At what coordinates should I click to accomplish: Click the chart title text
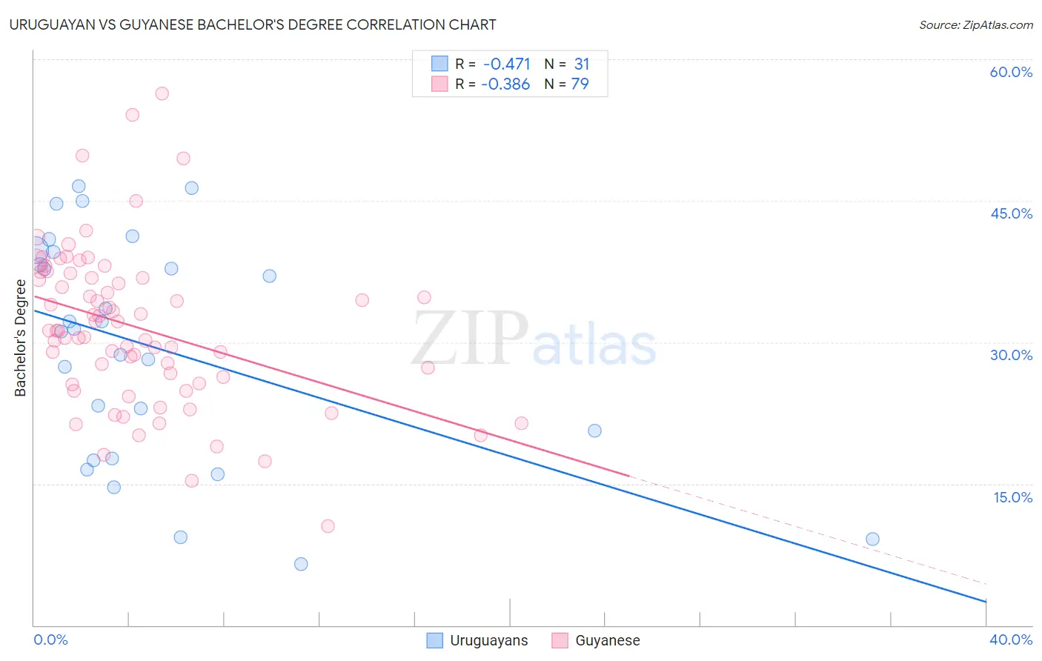[253, 24]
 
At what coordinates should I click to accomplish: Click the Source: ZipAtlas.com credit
[975, 24]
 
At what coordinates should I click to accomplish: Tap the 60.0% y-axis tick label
[1011, 72]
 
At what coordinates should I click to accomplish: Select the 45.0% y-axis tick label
[1011, 213]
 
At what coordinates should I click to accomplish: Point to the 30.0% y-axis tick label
[1011, 355]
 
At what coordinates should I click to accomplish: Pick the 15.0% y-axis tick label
[1012, 496]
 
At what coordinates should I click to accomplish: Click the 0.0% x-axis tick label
[50, 640]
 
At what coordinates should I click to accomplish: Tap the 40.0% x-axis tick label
[1011, 640]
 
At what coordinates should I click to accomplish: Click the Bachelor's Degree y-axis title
[21, 338]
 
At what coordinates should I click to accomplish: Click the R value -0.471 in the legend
[506, 64]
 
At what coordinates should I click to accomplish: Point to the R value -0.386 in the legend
[505, 84]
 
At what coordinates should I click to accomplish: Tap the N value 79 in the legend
[580, 84]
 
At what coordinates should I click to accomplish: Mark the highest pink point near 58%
[162, 93]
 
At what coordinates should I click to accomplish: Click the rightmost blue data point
[872, 539]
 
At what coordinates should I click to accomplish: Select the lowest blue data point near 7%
[301, 564]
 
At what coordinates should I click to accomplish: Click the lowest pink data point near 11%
[328, 526]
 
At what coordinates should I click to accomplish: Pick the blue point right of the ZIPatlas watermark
[594, 431]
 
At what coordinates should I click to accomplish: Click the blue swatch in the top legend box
[439, 64]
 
